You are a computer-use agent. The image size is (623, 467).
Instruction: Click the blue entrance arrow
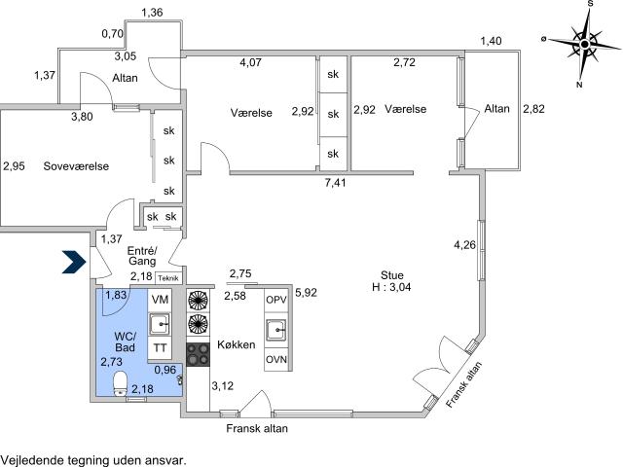pos(74,262)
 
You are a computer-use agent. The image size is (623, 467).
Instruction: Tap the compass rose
pos(584,44)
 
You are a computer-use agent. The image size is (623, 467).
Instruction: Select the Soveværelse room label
pos(76,166)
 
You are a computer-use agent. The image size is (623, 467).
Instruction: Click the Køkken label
pos(236,344)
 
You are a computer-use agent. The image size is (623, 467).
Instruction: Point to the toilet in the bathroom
pos(120,383)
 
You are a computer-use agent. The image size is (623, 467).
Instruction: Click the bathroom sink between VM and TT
pos(160,324)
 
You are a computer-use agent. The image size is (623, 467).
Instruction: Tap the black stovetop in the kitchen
pos(199,354)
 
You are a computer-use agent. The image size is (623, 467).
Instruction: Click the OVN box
pos(276,359)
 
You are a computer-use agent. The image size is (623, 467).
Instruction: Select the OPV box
pos(276,300)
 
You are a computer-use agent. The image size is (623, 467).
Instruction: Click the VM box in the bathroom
pos(160,300)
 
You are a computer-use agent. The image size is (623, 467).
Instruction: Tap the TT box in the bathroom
pos(160,348)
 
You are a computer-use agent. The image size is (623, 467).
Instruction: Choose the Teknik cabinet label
pos(168,278)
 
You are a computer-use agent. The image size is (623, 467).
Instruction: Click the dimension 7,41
pos(335,183)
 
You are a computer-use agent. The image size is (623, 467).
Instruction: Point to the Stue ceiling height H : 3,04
pos(391,287)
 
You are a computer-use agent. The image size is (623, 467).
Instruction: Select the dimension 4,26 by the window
pos(465,244)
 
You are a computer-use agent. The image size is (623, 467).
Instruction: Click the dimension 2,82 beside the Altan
pos(533,109)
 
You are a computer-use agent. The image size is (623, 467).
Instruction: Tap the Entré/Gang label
pos(142,256)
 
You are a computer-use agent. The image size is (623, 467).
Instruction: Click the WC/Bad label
pos(125,341)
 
